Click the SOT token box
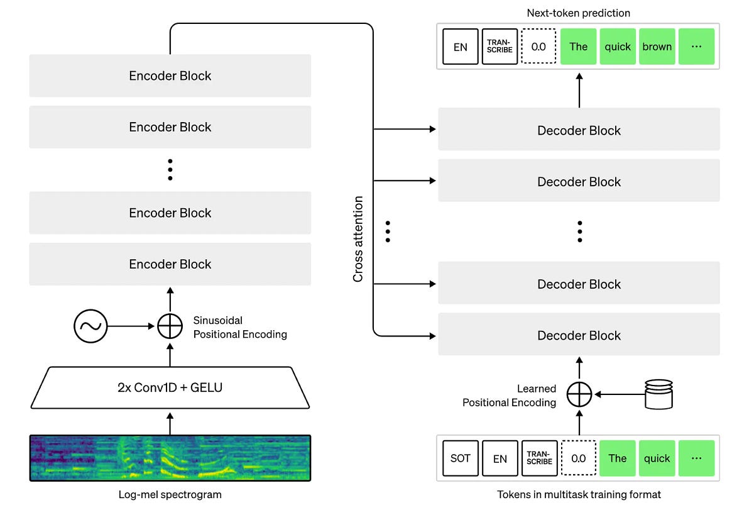461,458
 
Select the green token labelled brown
657,47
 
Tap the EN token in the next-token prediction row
461,47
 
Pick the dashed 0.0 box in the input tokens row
578,458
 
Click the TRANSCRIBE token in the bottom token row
539,458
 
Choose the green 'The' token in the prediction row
578,47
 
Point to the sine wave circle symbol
90,326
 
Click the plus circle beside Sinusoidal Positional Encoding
170,326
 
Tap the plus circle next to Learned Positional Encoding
579,395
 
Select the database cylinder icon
658,394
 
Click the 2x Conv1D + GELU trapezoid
170,387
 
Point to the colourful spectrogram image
170,458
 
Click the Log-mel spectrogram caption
170,495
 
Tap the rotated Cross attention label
358,239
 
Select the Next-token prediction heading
578,13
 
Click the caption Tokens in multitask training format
578,495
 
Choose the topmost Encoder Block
170,75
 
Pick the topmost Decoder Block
578,130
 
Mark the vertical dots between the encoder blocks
170,170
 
